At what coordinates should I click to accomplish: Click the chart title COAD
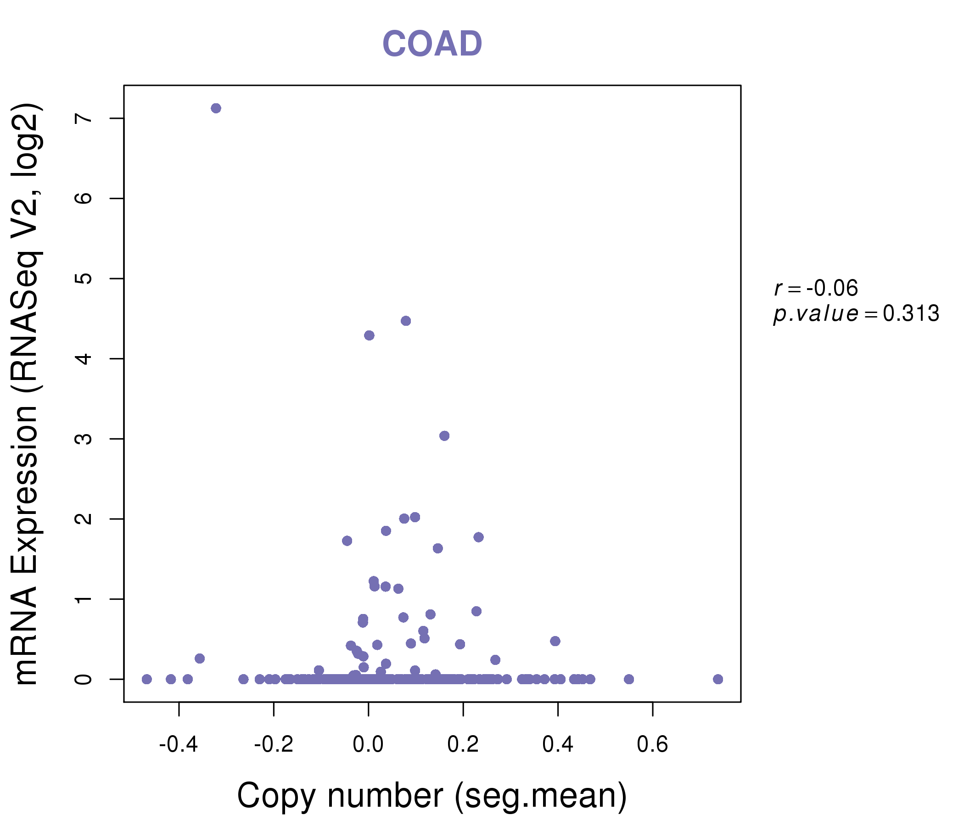pos(432,44)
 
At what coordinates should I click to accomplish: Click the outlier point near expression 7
pos(216,108)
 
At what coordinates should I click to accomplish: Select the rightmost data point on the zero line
pos(718,679)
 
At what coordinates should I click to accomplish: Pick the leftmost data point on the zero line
pos(146,679)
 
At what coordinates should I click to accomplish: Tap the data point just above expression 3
pos(444,436)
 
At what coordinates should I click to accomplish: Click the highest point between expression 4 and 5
pos(406,321)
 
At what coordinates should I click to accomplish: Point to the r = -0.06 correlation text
pos(816,288)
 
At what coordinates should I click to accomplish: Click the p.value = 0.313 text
pos(856,314)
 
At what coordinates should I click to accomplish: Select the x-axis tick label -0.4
pos(179,745)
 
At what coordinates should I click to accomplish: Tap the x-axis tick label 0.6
pos(652,745)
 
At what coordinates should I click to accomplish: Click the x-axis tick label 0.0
pos(368,745)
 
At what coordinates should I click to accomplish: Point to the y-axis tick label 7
pos(84,118)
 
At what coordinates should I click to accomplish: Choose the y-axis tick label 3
pos(84,439)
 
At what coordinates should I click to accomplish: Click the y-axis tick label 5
pos(84,279)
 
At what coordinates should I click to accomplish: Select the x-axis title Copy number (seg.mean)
pos(432,795)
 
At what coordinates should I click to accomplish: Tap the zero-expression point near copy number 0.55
pos(629,679)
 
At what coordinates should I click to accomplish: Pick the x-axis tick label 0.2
pos(463,745)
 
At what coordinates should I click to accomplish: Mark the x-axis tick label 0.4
pos(557,745)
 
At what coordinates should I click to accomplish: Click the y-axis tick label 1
pos(84,599)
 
